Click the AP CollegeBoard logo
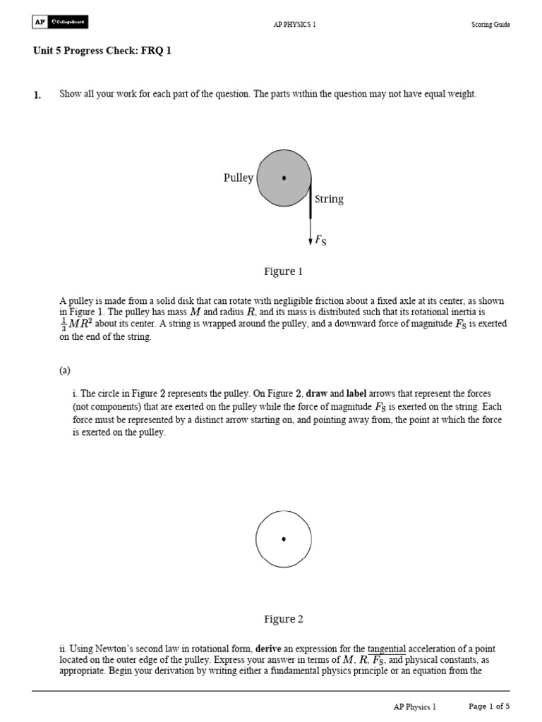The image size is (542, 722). point(60,23)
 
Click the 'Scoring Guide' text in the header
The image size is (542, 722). point(490,25)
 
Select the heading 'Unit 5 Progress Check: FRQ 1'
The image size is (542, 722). point(102,51)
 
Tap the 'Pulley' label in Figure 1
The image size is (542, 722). point(238,178)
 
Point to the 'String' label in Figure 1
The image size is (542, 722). point(329,200)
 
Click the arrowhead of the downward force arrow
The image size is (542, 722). point(311,242)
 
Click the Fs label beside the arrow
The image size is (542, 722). point(320,240)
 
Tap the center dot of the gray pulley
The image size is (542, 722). point(284,178)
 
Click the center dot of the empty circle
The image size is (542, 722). point(284,539)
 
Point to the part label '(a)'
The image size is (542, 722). point(65,369)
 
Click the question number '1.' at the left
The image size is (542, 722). point(37,94)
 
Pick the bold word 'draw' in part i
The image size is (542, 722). point(318,393)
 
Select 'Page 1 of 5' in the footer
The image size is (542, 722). point(489,706)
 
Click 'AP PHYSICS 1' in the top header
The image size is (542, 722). point(294,25)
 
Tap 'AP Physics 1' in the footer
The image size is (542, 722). point(415,706)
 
